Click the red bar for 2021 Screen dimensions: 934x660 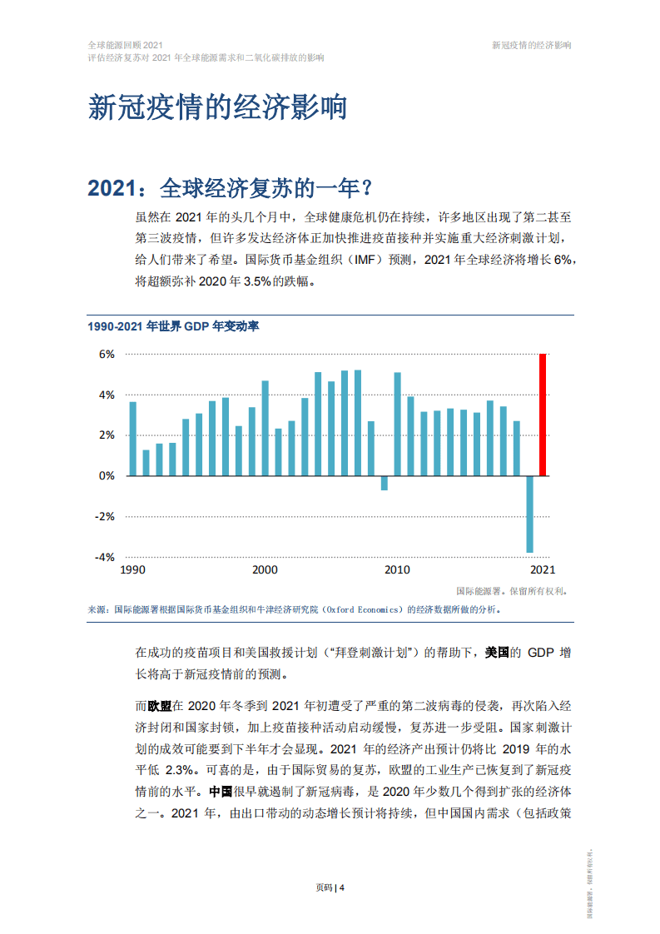point(543,415)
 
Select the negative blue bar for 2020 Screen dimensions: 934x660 point(529,514)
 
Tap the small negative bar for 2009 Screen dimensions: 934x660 point(385,483)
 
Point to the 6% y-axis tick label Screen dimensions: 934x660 point(107,354)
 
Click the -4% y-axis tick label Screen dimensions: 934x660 point(107,557)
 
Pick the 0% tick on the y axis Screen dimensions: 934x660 point(107,476)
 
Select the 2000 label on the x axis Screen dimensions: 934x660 point(265,570)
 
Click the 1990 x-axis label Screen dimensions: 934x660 point(133,570)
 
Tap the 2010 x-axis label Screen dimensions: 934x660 point(397,570)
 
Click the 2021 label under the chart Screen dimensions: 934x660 point(543,570)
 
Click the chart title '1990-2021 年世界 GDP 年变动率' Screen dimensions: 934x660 point(173,326)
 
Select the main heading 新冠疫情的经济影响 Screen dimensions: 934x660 point(217,108)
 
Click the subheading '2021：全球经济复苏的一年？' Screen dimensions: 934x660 point(229,188)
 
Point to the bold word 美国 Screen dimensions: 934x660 point(504,653)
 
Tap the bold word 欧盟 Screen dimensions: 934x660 point(160,706)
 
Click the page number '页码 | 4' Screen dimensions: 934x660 point(330,887)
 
